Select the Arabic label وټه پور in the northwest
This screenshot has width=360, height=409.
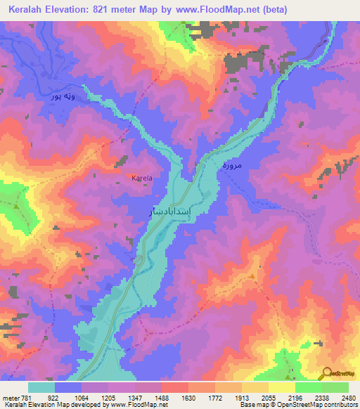click(x=61, y=95)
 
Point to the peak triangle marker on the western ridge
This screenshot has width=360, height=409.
click(x=15, y=206)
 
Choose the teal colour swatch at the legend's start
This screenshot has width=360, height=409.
click(x=41, y=387)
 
